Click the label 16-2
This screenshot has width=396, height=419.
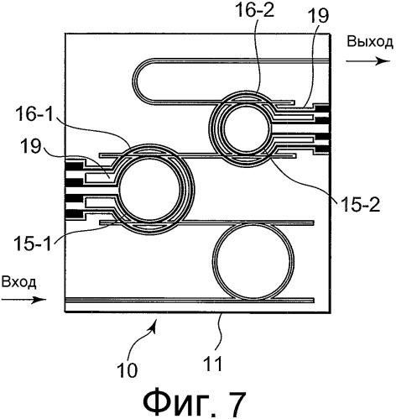coord(255,12)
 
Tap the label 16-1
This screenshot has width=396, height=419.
coord(35,115)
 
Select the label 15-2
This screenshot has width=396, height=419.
coord(360,205)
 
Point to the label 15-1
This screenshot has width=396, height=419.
coord(33,243)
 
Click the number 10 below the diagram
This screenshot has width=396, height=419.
coord(128,370)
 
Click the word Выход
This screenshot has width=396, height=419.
coord(370,42)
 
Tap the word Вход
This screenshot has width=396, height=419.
coord(18,282)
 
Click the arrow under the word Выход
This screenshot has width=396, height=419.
coord(367,60)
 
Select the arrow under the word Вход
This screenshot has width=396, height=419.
coord(23,300)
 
